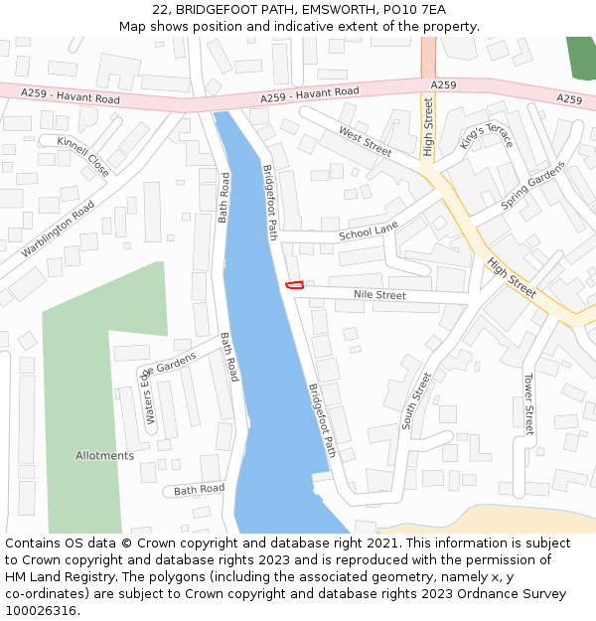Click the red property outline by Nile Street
point(294,285)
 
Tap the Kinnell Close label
point(83,156)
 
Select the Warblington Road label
point(58,229)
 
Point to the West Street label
point(366,140)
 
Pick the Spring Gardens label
point(531,186)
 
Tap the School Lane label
point(368,232)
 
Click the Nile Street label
point(379,295)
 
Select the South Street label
point(417,400)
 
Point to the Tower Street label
point(528,404)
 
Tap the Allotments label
point(104,456)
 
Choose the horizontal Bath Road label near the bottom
point(199,490)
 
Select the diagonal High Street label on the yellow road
point(512,278)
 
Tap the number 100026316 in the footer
point(40,611)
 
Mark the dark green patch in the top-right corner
point(580,55)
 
